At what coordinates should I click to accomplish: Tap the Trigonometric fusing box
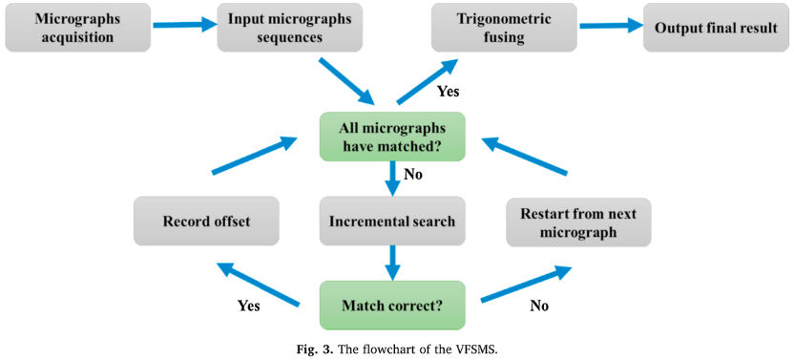point(503,27)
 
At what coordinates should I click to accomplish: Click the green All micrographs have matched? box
point(391,136)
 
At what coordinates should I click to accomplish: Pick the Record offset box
point(206,222)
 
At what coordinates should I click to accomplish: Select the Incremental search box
point(391,222)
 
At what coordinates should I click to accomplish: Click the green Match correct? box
point(391,306)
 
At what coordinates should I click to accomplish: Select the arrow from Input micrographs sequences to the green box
point(345,80)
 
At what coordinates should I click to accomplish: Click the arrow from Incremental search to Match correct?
point(391,262)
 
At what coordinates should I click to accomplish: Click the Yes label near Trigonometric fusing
point(448,92)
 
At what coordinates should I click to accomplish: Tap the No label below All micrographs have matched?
point(413,175)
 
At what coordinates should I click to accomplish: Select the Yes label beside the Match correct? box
point(249,306)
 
